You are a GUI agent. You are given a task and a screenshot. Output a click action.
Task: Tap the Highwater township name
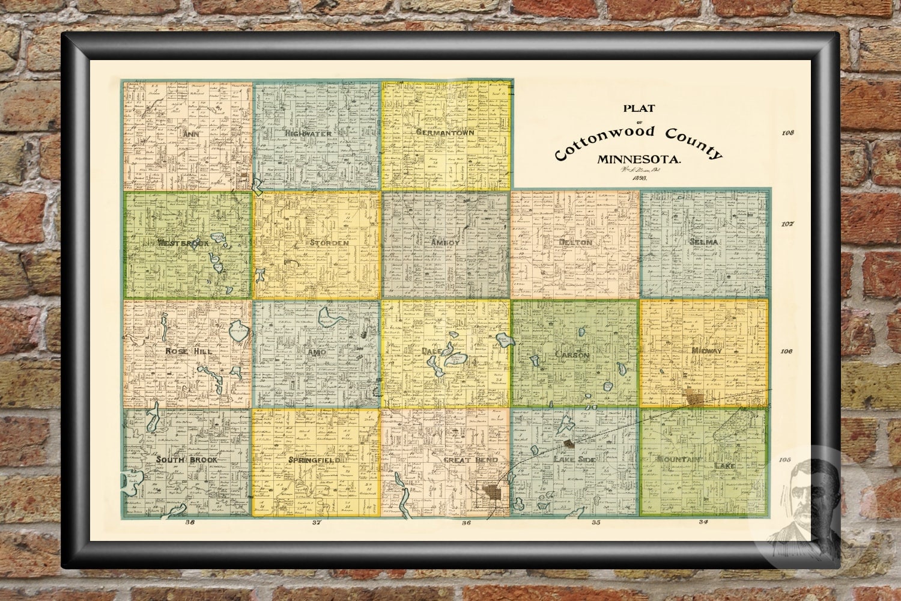[309, 133]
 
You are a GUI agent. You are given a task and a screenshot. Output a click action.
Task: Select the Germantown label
[445, 132]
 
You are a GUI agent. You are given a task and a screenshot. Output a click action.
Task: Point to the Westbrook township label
[184, 243]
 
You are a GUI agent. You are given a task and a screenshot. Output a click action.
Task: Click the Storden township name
[329, 243]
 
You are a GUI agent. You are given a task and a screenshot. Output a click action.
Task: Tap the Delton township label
[575, 242]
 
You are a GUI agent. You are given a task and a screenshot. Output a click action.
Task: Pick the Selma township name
[705, 242]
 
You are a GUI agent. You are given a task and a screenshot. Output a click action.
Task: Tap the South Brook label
[187, 460]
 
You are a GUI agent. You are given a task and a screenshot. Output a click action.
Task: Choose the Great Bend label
[470, 460]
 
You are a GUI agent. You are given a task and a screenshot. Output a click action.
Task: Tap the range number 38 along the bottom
[191, 522]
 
